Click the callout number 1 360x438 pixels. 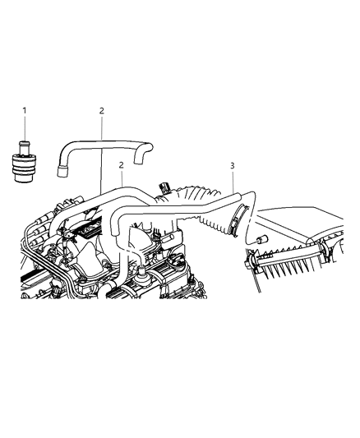pos(25,110)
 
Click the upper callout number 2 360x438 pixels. pos(101,110)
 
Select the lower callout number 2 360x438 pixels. pos(121,165)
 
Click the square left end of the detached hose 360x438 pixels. pos(61,173)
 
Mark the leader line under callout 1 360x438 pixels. pos(25,127)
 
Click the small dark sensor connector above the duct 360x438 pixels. pos(168,188)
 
